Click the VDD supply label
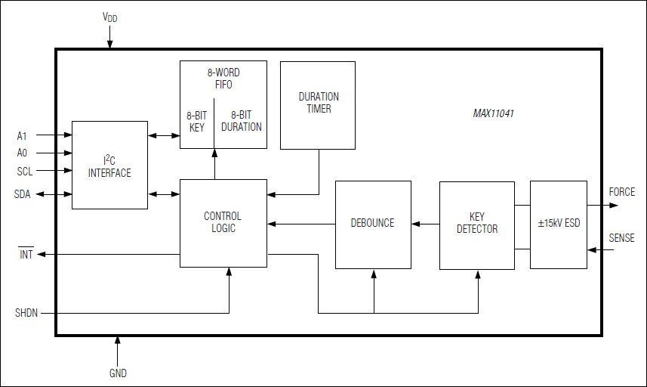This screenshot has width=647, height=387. [110, 17]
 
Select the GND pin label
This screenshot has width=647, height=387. [118, 373]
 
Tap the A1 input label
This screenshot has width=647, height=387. [22, 136]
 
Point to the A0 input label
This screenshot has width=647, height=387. [22, 153]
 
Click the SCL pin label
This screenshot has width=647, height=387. [25, 172]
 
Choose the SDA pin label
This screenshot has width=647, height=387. [23, 194]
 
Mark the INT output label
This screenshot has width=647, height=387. [26, 255]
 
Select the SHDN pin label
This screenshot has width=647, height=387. [26, 312]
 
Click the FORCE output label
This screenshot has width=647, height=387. [622, 192]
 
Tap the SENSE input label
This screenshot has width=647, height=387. [622, 238]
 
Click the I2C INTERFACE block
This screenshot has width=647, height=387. [109, 166]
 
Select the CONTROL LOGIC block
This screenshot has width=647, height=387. [223, 222]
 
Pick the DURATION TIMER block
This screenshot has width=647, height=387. [318, 104]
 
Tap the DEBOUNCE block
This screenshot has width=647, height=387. [373, 224]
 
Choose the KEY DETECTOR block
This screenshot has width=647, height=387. [477, 224]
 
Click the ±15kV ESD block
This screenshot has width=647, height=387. [559, 224]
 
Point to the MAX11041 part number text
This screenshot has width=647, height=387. [494, 114]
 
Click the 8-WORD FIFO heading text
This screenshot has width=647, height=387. [223, 79]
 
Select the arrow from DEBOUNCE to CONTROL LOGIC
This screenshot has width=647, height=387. [301, 224]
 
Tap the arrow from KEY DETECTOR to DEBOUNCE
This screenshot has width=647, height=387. [426, 224]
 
